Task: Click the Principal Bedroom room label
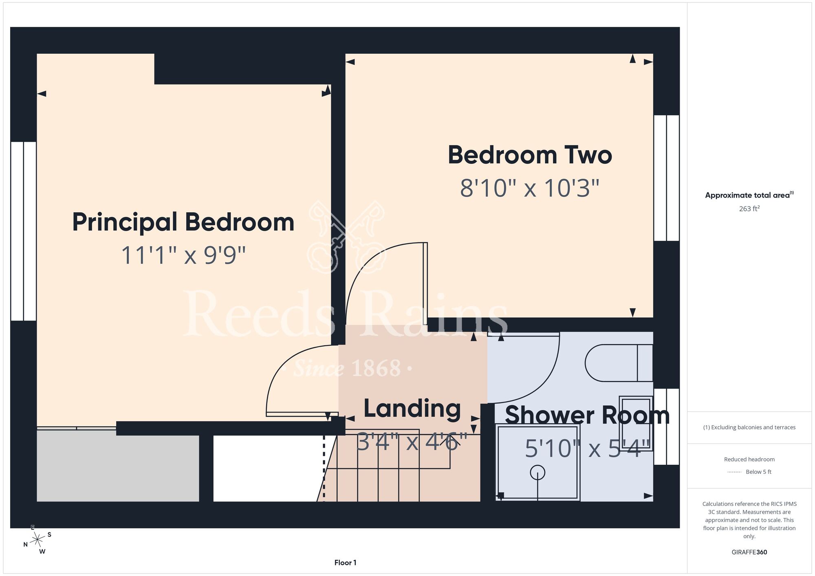point(183,222)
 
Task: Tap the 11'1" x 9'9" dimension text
point(183,255)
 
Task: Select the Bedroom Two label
point(530,155)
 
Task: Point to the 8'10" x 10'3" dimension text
point(530,188)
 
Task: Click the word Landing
point(412,409)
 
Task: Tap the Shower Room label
point(587,416)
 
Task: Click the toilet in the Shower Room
point(619,363)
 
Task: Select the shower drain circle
point(537,473)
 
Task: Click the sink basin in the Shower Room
point(636,423)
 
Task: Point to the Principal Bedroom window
point(24,231)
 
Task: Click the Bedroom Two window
point(667,178)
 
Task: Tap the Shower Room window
point(667,427)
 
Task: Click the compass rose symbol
point(37,540)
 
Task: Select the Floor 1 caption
point(345,563)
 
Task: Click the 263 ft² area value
point(749,209)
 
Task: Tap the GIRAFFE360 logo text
point(749,552)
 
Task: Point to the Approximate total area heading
point(749,195)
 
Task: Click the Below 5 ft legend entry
point(749,472)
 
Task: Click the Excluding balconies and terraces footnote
point(749,427)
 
